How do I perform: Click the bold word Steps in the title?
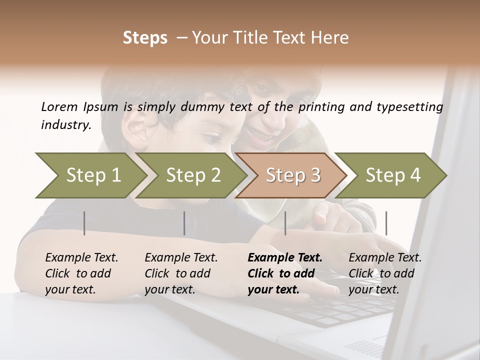tap(145, 38)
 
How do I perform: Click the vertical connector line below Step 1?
tap(84, 223)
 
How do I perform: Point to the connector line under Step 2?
tap(184, 223)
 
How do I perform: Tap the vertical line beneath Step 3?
tap(285, 223)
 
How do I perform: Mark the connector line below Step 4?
tap(386, 223)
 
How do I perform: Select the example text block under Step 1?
tap(81, 273)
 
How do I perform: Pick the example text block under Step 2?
tap(181, 273)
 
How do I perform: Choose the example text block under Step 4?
tap(385, 273)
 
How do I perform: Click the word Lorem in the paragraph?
tap(59, 106)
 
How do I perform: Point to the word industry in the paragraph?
tap(65, 125)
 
